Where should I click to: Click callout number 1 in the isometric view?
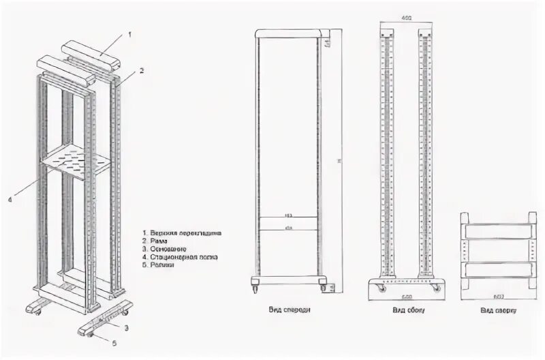click(x=131, y=33)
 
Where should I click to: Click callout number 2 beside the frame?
click(x=142, y=70)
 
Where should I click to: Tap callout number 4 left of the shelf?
click(x=10, y=200)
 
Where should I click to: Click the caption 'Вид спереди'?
click(x=290, y=310)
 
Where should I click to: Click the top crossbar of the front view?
click(x=289, y=33)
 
